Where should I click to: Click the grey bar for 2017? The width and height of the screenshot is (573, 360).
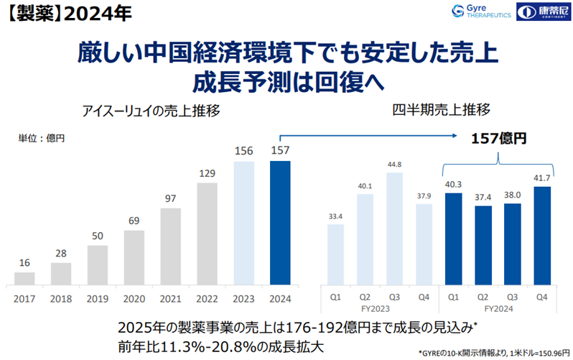click(24, 277)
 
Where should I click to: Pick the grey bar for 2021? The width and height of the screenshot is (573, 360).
click(171, 245)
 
